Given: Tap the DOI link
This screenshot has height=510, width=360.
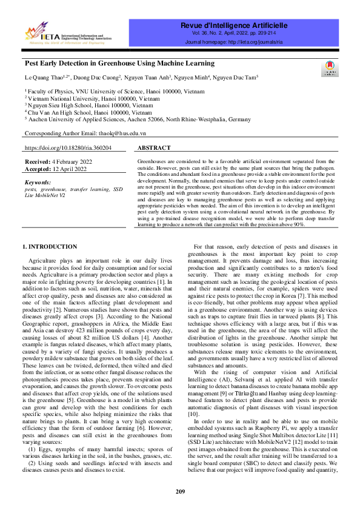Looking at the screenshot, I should (x=68, y=147).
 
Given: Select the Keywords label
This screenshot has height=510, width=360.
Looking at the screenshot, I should (x=39, y=182).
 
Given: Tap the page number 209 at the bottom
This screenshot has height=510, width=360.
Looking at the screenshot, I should (x=180, y=491).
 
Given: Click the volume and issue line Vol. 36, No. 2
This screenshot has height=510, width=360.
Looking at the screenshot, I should (x=234, y=34).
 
